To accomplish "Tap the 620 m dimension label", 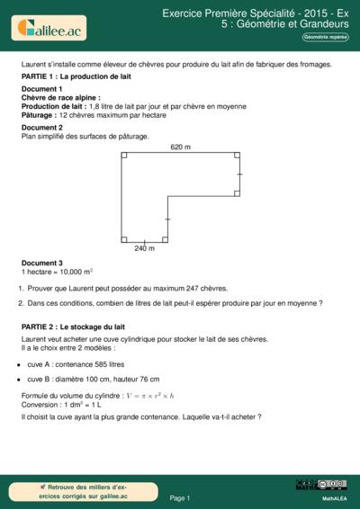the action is point(181,147).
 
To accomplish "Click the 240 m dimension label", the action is point(144,248).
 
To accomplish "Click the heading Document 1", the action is point(41,90).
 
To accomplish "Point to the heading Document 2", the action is point(41,128).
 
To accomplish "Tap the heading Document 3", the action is point(41,263).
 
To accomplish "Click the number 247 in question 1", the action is point(180,289).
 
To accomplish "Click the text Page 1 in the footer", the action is point(180,496).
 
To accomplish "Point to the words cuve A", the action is point(40,366).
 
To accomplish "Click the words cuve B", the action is point(40,380).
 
